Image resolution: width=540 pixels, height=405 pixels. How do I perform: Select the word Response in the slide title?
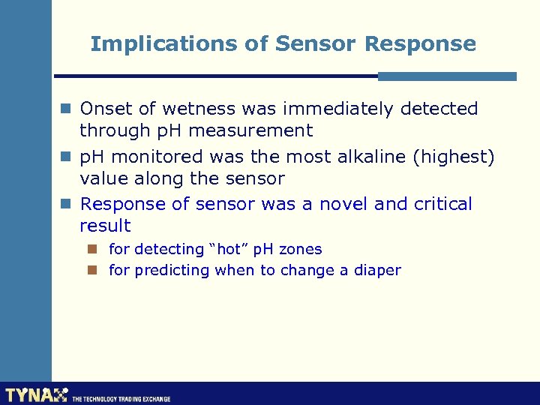420,44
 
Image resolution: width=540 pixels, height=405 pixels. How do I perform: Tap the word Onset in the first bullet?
105,109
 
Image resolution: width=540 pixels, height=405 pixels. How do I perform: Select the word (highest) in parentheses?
457,157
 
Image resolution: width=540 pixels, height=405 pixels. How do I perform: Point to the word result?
105,226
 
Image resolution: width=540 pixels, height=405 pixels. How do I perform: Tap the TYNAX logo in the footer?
36,395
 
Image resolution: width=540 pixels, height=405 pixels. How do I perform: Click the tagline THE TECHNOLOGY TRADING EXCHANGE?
121,399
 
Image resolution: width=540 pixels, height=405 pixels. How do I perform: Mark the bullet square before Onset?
66,109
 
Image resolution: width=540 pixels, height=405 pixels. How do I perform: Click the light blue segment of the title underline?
447,76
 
